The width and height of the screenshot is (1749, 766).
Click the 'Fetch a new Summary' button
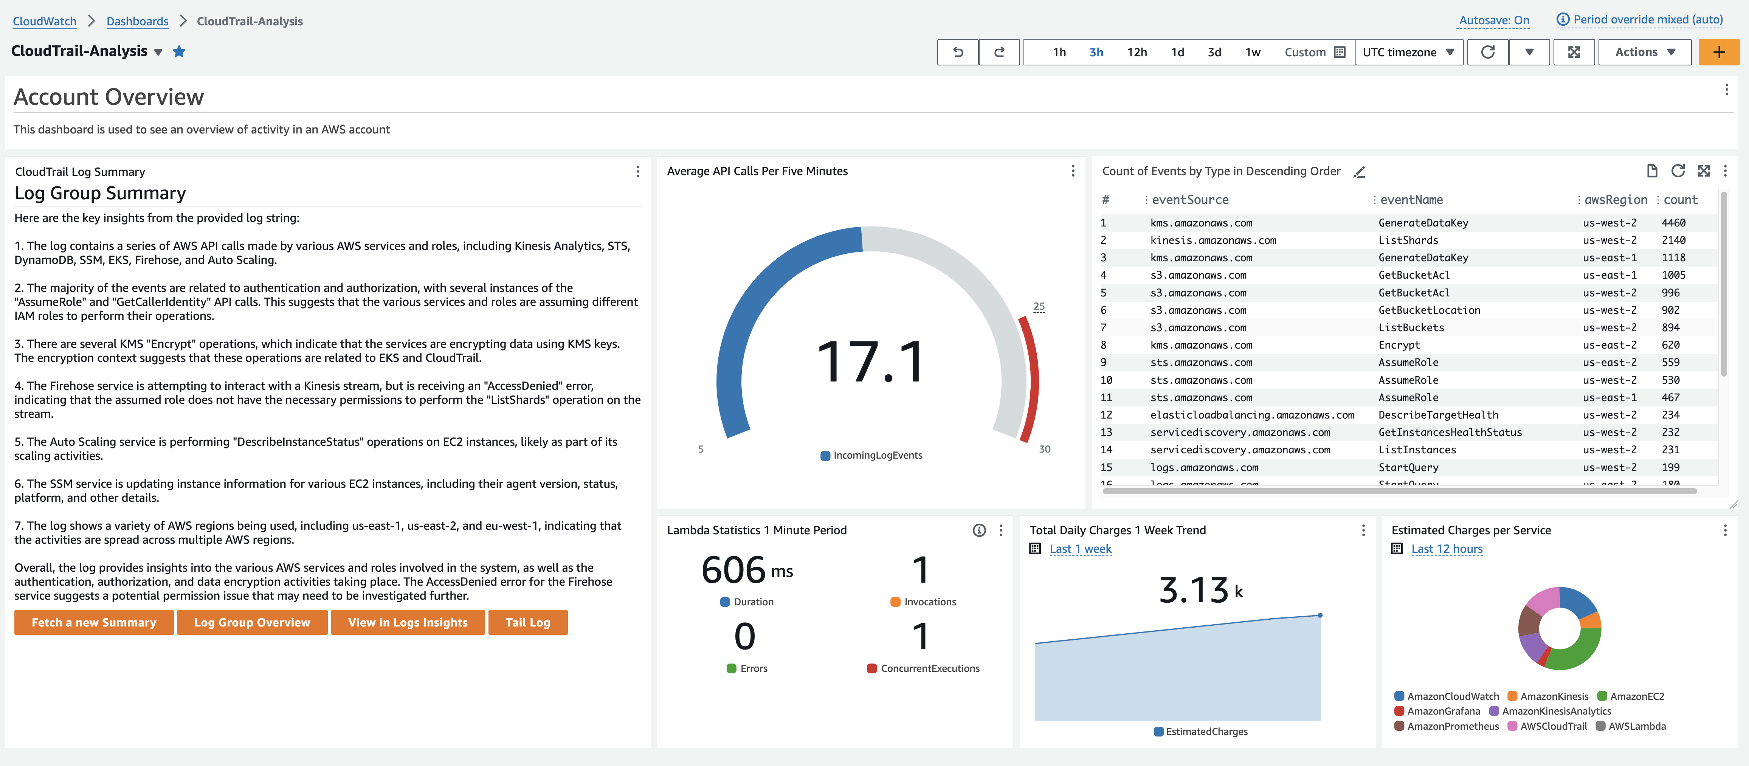click(94, 622)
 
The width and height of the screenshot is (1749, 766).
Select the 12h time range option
click(1137, 52)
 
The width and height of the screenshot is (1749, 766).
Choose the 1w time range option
click(1253, 52)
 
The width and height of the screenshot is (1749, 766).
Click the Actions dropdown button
click(1644, 52)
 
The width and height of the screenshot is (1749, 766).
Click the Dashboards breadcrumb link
click(137, 21)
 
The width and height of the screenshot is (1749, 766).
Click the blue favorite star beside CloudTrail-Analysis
click(179, 52)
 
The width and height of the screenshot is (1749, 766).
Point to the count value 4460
click(1673, 223)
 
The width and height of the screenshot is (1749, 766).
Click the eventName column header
click(1411, 200)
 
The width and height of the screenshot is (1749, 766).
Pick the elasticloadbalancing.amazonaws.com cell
click(1251, 415)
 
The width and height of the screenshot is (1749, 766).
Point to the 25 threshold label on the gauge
click(1039, 306)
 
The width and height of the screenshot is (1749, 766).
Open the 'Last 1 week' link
click(1080, 549)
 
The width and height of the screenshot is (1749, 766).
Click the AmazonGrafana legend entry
click(1443, 711)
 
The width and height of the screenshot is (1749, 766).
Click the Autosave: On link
click(1494, 20)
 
